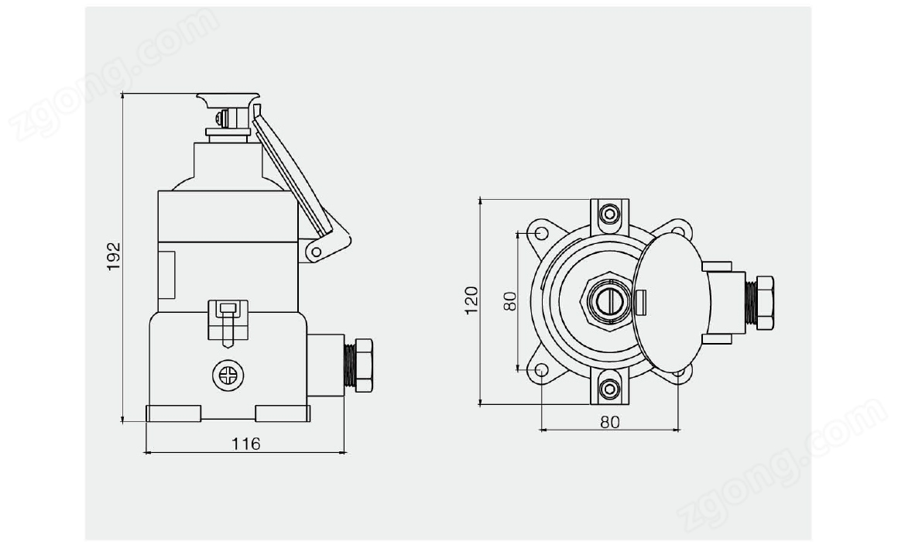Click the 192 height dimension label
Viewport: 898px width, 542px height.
115,256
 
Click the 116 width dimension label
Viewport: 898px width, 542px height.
245,444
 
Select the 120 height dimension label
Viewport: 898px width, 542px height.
471,300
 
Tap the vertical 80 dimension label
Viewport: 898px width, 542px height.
510,301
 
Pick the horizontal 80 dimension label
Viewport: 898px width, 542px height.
610,422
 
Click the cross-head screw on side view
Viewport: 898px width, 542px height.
228,376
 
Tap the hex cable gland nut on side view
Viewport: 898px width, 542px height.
364,365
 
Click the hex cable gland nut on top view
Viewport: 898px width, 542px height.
765,302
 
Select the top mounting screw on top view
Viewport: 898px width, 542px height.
609,214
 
